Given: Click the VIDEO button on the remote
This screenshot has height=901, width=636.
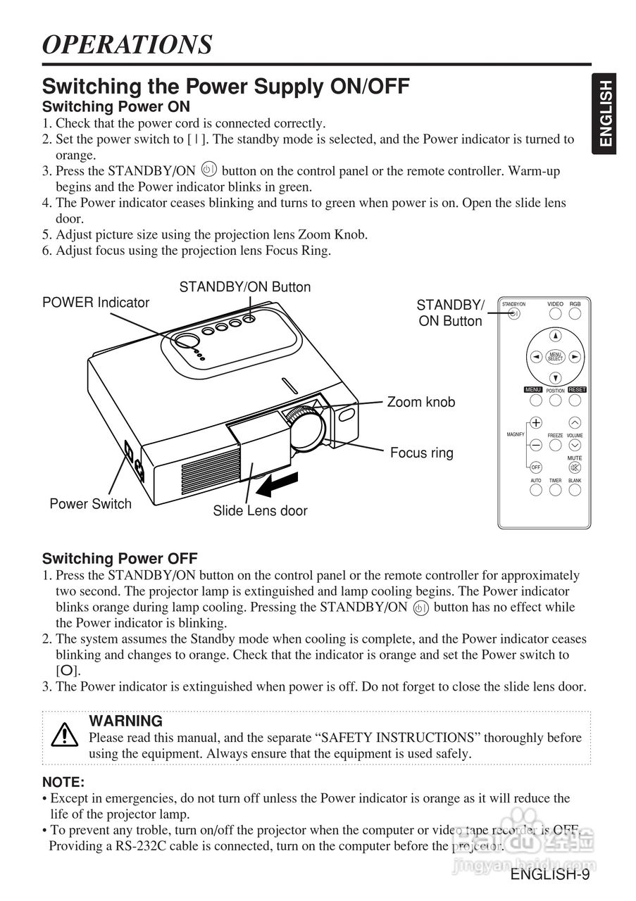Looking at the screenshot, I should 556,314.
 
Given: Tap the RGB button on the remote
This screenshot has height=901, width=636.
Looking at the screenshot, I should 575,314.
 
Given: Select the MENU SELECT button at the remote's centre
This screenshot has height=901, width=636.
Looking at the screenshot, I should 556,357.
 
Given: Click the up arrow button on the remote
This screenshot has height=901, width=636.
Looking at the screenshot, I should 556,336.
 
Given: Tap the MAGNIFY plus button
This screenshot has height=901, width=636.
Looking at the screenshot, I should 536,423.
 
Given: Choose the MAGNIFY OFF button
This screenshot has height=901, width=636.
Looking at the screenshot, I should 536,467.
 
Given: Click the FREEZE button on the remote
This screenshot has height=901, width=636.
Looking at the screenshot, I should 556,446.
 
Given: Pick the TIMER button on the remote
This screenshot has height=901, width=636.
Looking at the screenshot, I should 556,490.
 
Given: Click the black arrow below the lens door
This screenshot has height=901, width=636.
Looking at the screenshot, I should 282,484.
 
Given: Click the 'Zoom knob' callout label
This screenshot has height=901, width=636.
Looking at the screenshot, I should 421,403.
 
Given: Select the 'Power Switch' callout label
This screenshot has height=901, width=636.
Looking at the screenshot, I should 90,504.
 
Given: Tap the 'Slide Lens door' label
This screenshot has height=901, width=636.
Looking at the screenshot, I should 260,511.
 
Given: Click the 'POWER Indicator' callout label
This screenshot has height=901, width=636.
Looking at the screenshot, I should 96,303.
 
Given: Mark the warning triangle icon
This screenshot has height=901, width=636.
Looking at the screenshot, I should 65,735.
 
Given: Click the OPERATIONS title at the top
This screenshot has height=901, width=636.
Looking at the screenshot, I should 127,44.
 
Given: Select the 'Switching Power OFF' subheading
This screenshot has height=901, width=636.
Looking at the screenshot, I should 120,559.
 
